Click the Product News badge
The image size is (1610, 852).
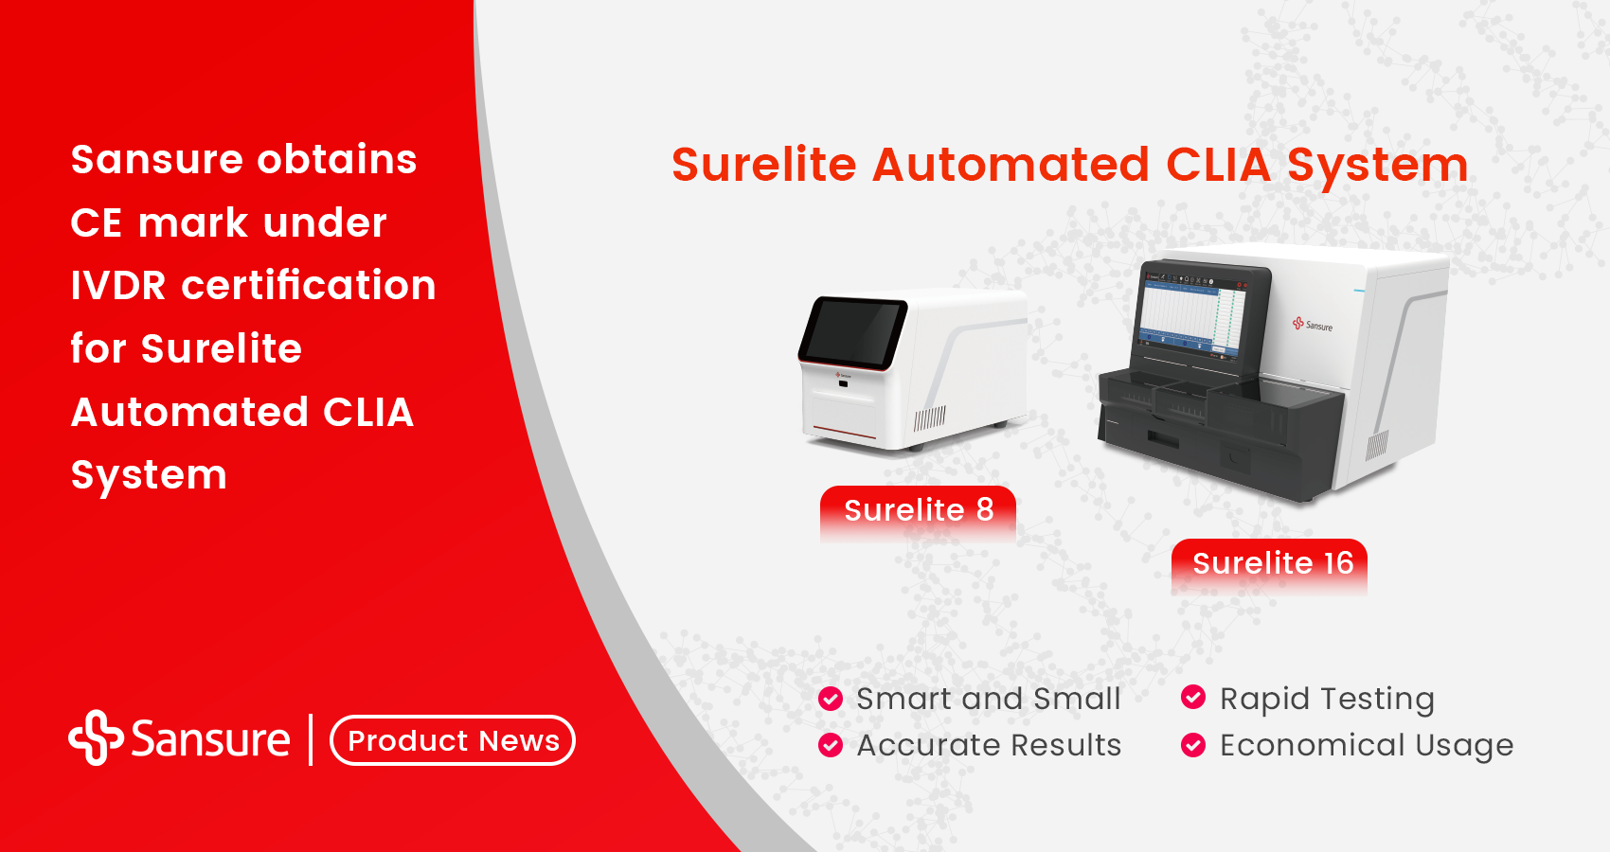pos(453,740)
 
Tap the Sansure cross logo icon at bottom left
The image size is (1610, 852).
pos(96,737)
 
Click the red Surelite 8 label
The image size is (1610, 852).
pos(918,510)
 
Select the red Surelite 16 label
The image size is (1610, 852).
pos(1270,563)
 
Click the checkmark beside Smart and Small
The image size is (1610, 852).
pos(831,699)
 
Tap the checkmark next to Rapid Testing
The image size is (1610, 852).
pos(1193,698)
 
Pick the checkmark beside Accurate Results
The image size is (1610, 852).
pos(831,745)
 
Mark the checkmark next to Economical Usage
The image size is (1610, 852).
pos(1193,745)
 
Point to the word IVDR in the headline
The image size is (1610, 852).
pos(118,286)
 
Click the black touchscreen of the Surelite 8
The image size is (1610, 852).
pos(852,331)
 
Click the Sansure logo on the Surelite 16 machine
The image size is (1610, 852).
pos(1313,325)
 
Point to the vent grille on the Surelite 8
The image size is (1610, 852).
pos(929,418)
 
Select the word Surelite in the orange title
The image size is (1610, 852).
pos(763,165)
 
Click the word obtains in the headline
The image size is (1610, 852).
pos(337,160)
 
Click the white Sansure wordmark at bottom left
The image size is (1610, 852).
pos(210,739)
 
